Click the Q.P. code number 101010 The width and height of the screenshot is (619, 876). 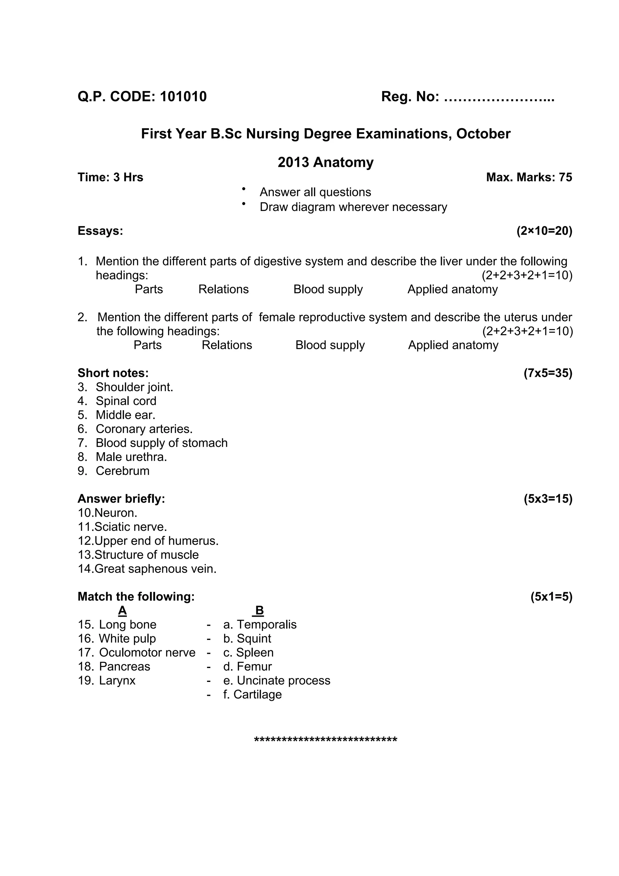click(183, 96)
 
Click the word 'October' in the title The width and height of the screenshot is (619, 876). click(483, 134)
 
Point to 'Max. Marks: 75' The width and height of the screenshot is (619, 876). click(529, 177)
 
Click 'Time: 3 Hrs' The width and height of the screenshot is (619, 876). click(110, 177)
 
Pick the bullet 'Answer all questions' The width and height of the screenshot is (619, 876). click(315, 192)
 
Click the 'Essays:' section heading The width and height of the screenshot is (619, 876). click(100, 231)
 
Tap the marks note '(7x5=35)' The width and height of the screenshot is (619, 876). click(548, 373)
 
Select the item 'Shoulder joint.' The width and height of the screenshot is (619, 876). click(134, 387)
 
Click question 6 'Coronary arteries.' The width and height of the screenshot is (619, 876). click(144, 429)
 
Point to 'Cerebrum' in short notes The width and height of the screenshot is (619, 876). click(122, 471)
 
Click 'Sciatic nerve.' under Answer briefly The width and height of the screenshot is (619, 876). click(131, 527)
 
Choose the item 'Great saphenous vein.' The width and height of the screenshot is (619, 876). click(155, 569)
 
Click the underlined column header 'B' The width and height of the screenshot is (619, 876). click(259, 611)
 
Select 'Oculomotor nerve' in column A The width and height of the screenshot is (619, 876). click(147, 653)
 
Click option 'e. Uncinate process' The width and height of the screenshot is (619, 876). click(277, 681)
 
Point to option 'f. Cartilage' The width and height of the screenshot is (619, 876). click(252, 694)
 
